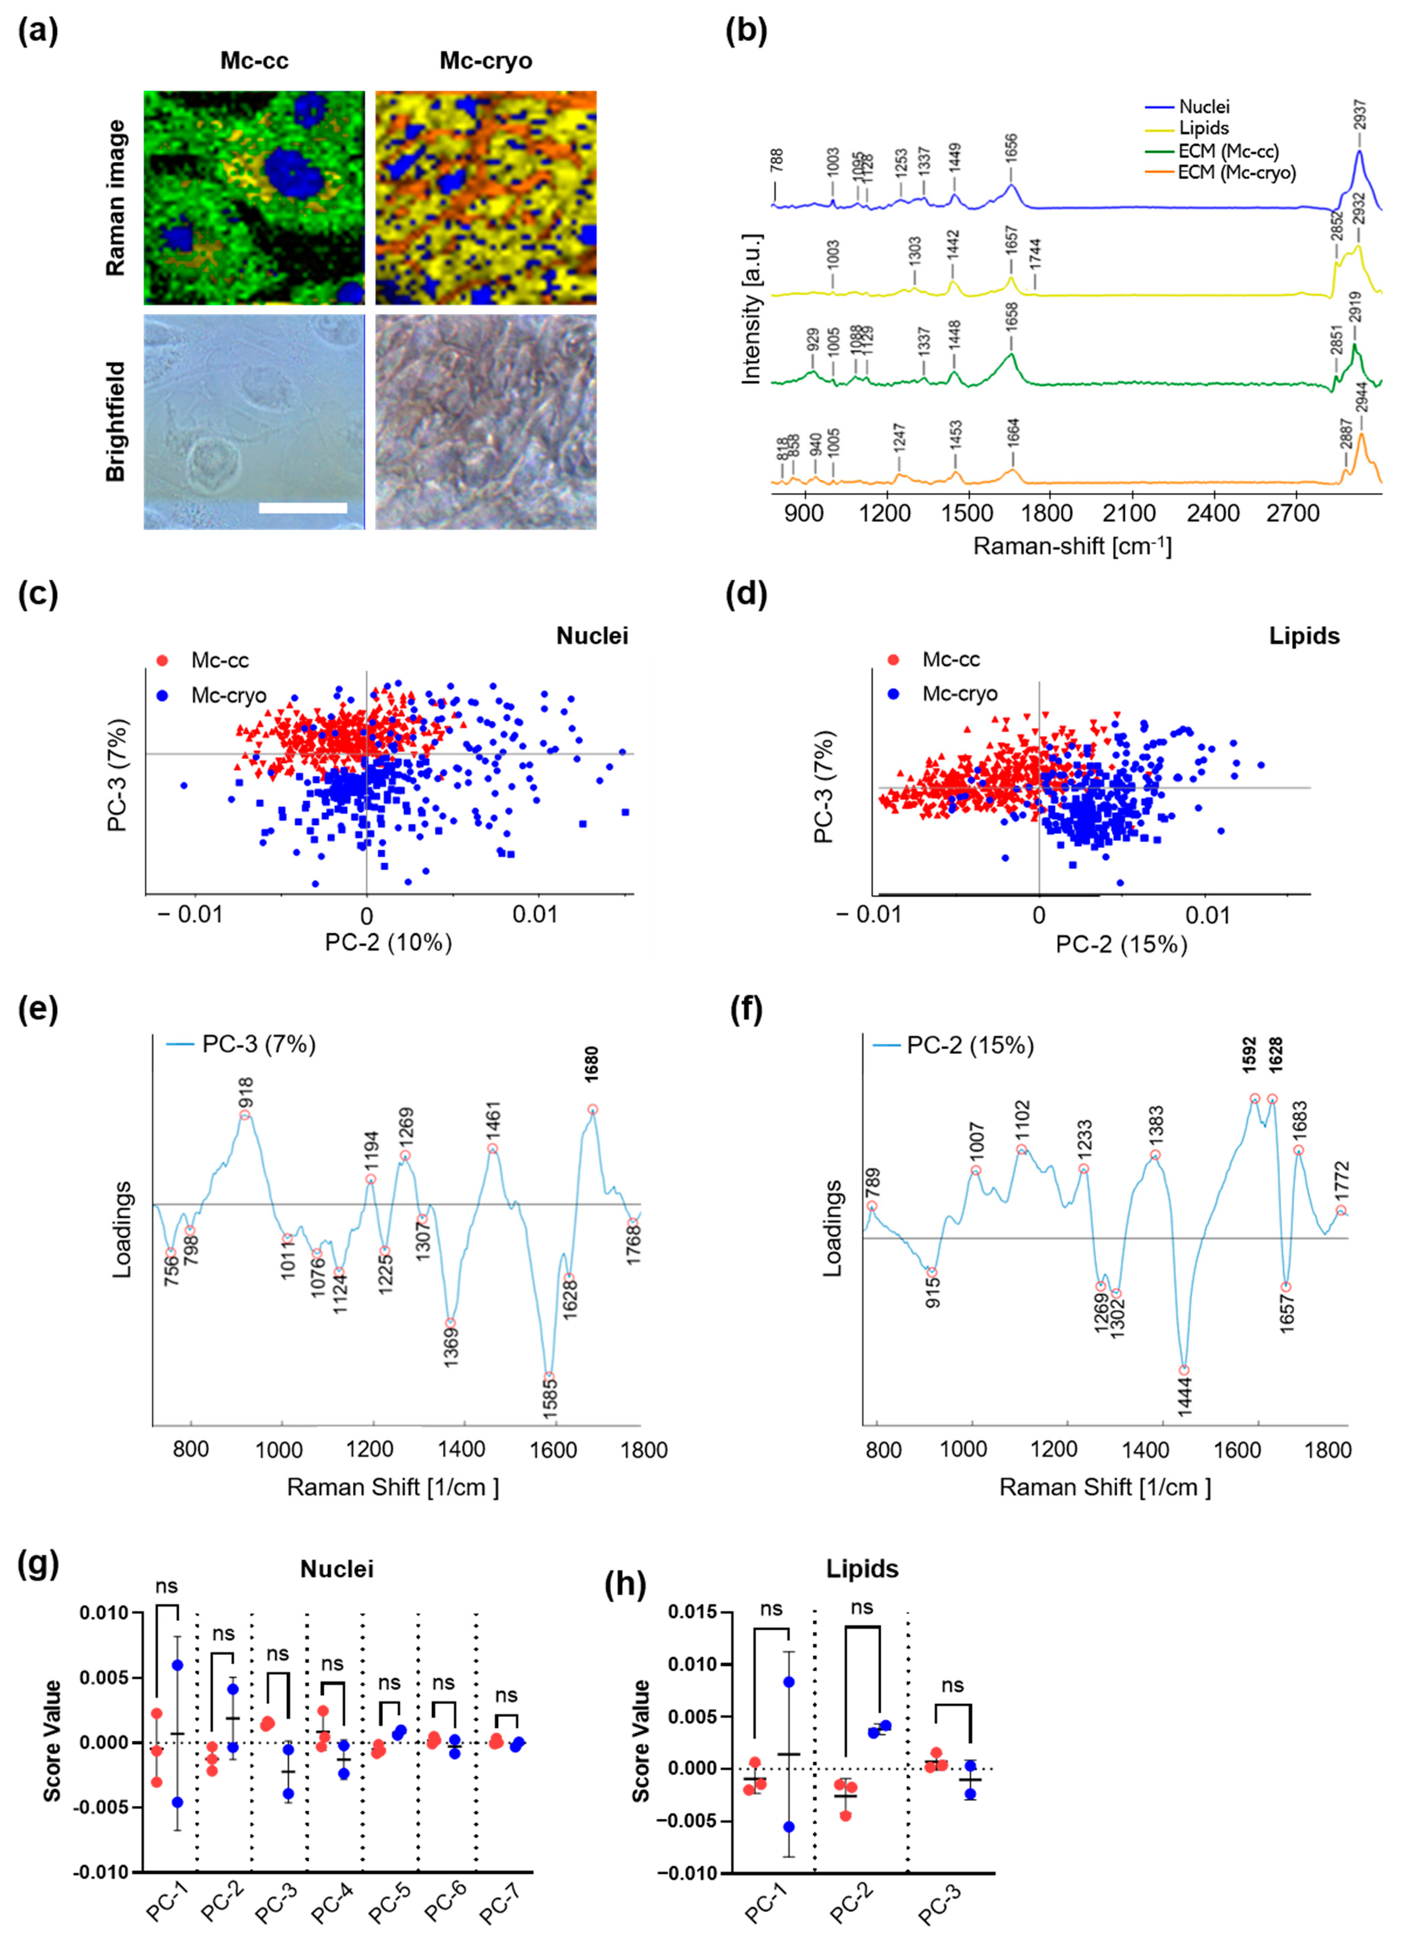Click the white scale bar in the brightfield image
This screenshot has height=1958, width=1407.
click(303, 508)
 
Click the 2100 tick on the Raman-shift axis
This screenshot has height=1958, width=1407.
click(1129, 513)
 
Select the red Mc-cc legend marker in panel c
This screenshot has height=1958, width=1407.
click(161, 660)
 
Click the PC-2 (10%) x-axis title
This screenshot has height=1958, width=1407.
click(388, 942)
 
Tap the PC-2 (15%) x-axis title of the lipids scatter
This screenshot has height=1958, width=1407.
click(1121, 945)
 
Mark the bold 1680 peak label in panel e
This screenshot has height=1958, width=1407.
click(591, 1064)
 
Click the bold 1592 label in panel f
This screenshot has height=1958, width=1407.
click(1250, 1055)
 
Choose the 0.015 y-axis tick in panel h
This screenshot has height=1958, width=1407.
click(695, 1612)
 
